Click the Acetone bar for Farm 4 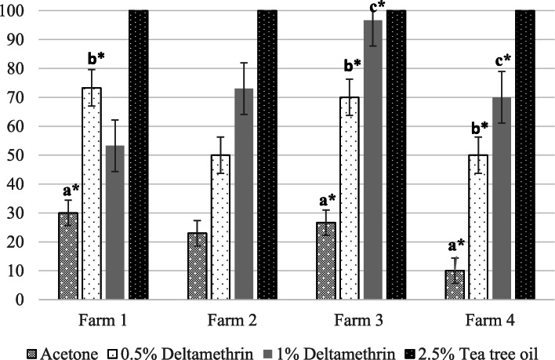tap(455, 285)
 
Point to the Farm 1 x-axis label tap(103, 322)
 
